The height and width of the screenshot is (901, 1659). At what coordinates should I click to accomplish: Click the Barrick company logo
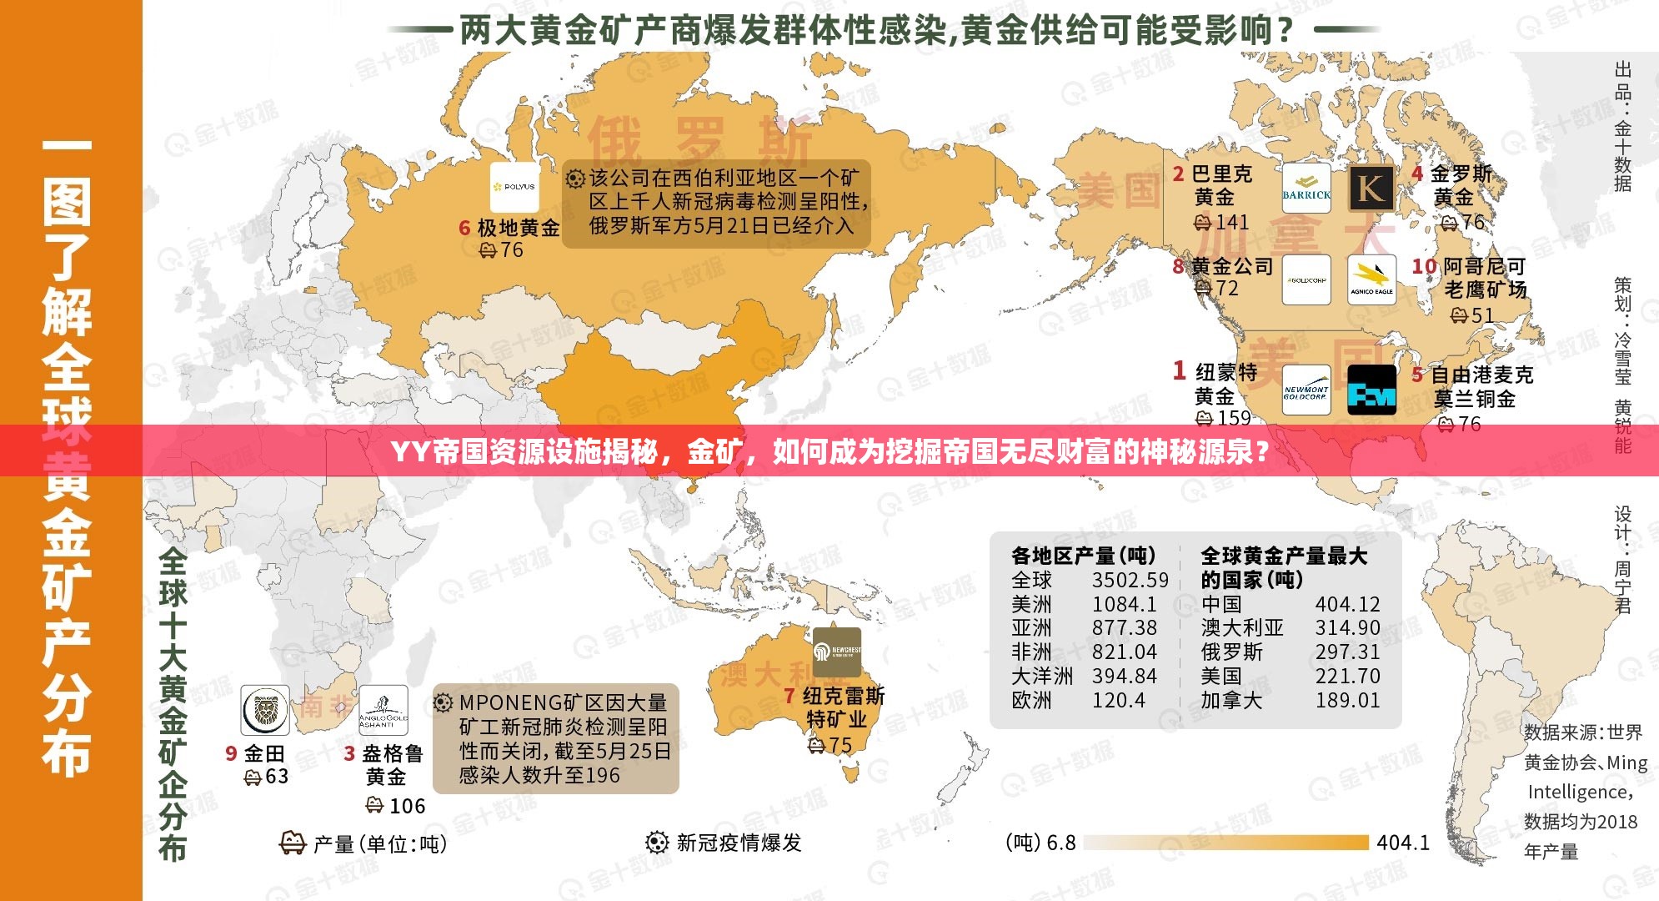tap(1306, 188)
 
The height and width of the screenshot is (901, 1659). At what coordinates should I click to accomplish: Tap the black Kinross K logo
tap(1371, 188)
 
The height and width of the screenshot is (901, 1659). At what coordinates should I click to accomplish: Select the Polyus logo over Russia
tap(514, 187)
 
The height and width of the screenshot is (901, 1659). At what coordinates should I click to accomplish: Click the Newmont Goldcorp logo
tap(1306, 390)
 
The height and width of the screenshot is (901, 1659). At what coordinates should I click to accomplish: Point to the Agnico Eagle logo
tap(1371, 280)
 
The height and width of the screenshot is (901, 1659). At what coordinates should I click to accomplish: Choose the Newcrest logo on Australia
tap(837, 652)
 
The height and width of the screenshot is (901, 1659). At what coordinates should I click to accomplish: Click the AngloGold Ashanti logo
tap(383, 710)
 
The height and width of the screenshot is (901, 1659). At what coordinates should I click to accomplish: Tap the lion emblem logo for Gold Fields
tap(265, 710)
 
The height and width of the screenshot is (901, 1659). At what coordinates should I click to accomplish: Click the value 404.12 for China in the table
tap(1347, 604)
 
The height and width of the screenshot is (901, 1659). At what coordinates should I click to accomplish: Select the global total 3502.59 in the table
tap(1130, 580)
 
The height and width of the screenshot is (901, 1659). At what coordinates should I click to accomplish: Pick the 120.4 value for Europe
tap(1118, 700)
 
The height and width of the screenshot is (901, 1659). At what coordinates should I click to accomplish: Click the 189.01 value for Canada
tap(1347, 700)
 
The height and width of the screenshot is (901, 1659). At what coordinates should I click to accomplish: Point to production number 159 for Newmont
tap(1233, 417)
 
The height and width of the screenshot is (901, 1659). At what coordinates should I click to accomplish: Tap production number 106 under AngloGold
tap(407, 806)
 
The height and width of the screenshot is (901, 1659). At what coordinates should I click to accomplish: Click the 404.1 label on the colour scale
tap(1402, 843)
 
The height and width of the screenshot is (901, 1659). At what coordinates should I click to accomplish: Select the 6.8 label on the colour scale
tap(1060, 843)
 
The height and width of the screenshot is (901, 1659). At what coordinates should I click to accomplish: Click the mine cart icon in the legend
tap(292, 843)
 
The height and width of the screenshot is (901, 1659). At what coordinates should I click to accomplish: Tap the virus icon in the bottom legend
tap(657, 843)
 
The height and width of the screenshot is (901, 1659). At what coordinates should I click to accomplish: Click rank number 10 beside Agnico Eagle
tap(1424, 266)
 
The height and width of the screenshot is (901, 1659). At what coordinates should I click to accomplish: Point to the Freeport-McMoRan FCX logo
tap(1371, 390)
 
